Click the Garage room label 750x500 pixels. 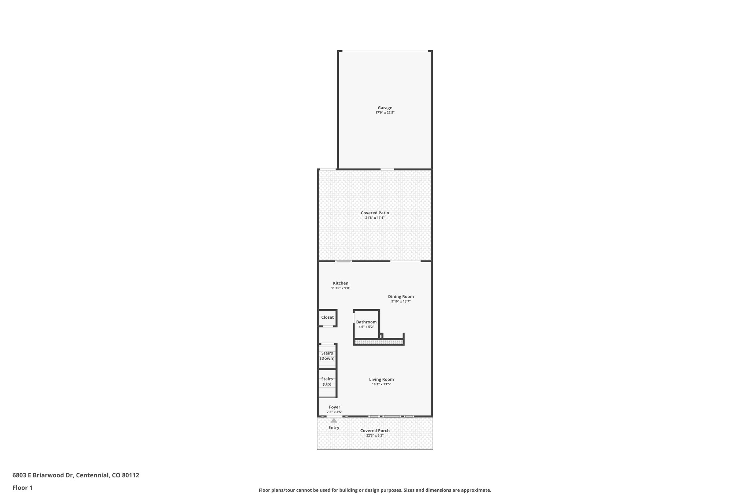[x=385, y=108]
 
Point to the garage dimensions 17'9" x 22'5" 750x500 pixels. [x=385, y=113]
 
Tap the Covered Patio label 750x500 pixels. [x=375, y=213]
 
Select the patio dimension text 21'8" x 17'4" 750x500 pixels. [x=375, y=218]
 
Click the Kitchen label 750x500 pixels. [x=341, y=283]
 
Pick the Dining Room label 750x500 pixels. [x=401, y=297]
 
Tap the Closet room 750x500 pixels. [x=327, y=318]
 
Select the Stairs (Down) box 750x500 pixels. [x=327, y=356]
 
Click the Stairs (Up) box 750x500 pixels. [x=327, y=382]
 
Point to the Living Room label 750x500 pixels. [x=381, y=379]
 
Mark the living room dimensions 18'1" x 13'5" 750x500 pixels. [x=381, y=385]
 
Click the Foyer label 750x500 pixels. [x=334, y=407]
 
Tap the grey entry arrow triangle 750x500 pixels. [x=334, y=421]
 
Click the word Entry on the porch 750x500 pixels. [x=334, y=427]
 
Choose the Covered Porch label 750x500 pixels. [x=375, y=431]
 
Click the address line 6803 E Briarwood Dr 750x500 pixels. [x=76, y=475]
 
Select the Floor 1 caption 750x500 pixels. [x=22, y=488]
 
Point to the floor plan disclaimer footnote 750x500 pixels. [x=375, y=490]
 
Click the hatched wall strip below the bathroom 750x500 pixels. [x=378, y=342]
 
